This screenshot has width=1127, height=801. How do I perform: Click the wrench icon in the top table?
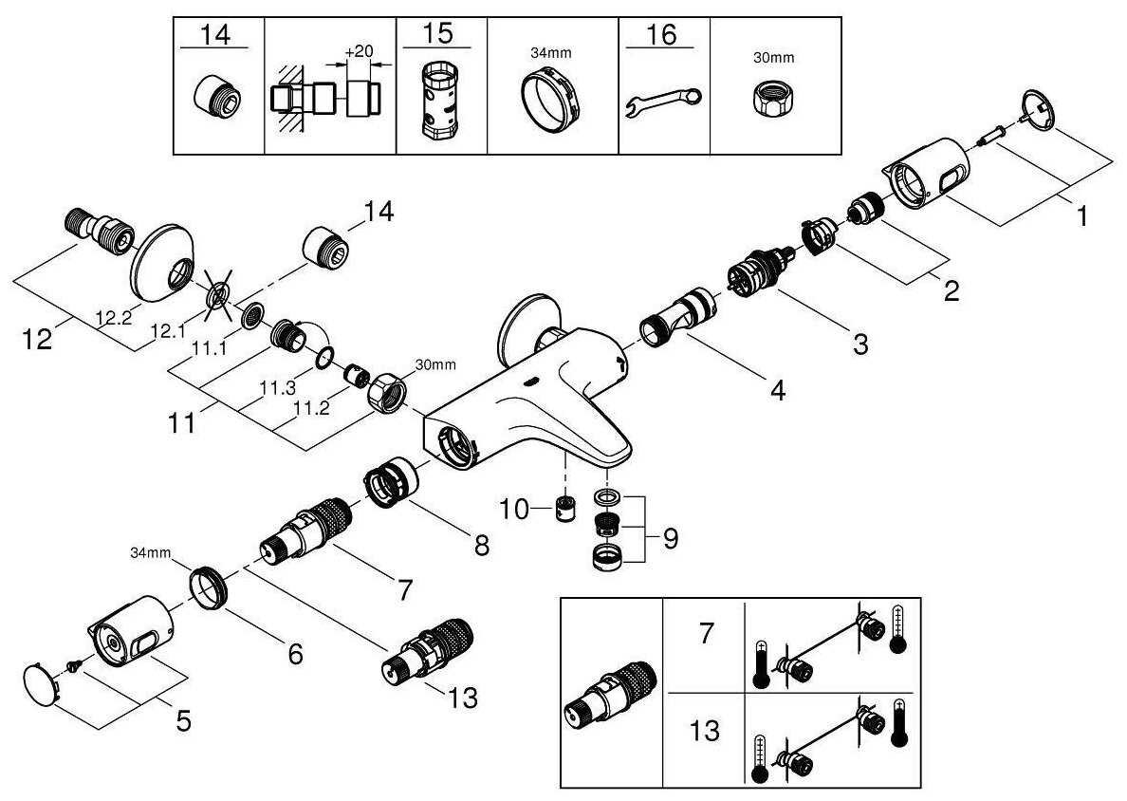664,100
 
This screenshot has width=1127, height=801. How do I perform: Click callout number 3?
859,345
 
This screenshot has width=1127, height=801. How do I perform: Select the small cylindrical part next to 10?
567,510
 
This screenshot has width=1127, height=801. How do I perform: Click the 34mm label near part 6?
149,551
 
